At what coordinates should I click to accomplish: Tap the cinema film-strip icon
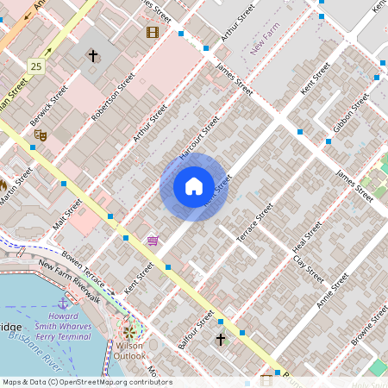coord(153,33)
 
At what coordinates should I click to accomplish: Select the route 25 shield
coord(35,66)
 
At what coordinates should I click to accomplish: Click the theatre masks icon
coord(39,134)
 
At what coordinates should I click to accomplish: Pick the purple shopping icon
coord(153,241)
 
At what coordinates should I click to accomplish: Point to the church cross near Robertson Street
coord(92,56)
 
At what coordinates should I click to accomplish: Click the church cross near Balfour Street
coord(221,339)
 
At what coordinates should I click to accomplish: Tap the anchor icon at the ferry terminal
coord(63,304)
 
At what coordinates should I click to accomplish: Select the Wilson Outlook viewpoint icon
coord(130,330)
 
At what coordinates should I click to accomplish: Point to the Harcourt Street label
coord(199,139)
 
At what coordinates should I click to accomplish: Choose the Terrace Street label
coord(255,222)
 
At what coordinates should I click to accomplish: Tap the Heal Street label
coord(308,238)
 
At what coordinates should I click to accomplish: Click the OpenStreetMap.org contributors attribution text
coord(110,381)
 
